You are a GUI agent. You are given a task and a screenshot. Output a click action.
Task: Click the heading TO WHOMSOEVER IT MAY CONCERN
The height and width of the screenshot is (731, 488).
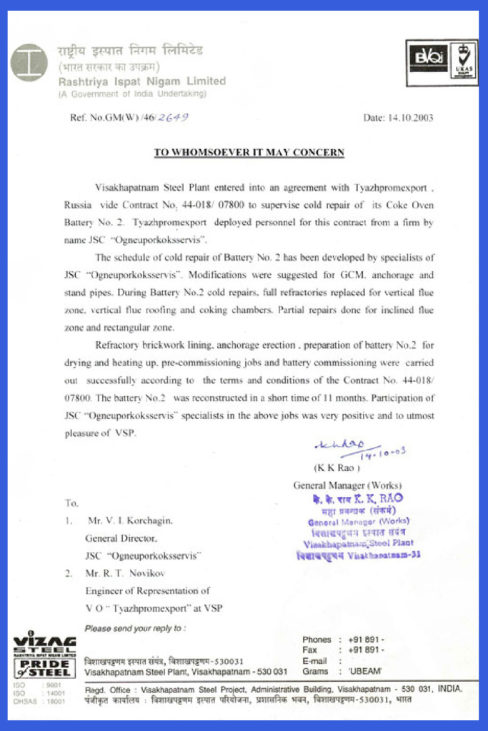coord(249,152)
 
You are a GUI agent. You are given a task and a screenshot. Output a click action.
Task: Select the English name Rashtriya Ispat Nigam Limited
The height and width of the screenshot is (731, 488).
coord(142,81)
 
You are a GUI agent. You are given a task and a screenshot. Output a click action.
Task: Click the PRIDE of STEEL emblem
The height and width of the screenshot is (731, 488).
coord(44,669)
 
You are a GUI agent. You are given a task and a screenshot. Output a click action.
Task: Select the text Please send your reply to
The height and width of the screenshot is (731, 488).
coord(135,629)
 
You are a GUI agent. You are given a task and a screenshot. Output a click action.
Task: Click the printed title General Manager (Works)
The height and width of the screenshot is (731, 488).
coord(347,485)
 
